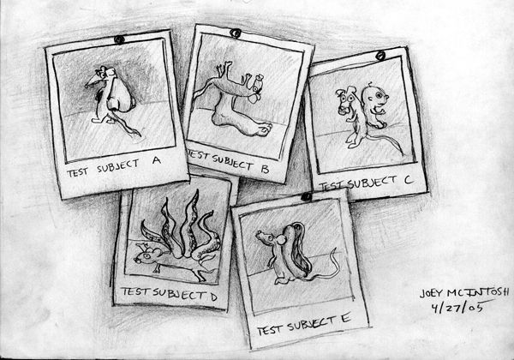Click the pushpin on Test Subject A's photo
point(119,39)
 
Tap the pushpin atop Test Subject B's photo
point(236,33)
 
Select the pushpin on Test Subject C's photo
point(380,56)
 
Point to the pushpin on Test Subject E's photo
point(306,197)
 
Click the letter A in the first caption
point(157,160)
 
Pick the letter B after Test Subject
point(265,169)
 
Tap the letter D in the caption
point(213,297)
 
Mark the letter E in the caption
point(346,318)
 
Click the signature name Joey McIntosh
point(464,292)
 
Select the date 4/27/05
point(457,308)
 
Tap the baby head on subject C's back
point(375,97)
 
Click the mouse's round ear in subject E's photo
point(281,241)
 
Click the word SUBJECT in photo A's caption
point(118,166)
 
